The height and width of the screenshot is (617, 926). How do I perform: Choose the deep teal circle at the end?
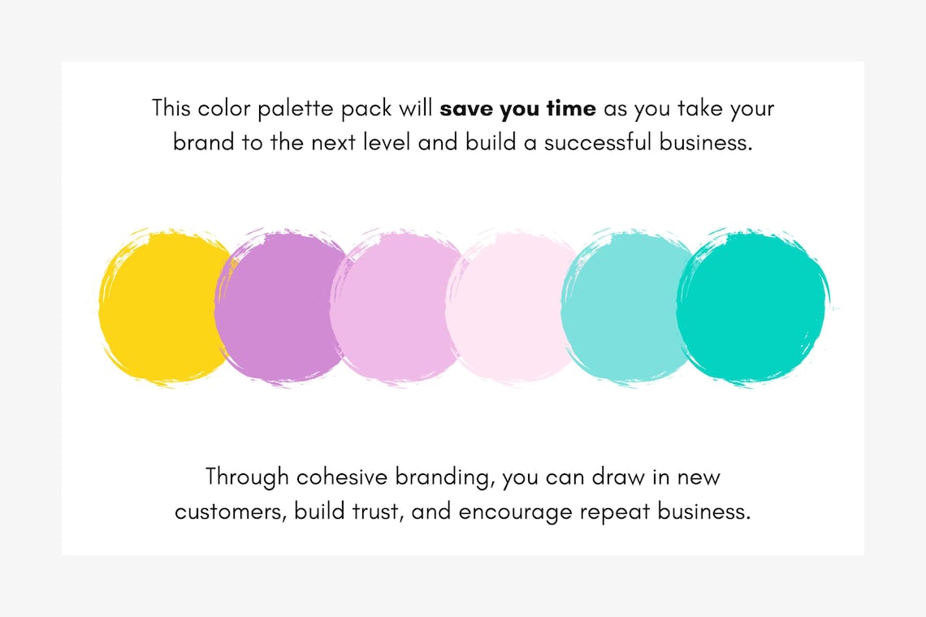coord(751,307)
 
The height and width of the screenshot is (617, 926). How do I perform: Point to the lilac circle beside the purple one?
coord(395,307)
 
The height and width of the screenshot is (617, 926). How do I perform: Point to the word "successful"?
coord(600,143)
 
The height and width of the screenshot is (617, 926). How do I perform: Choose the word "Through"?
coord(247,477)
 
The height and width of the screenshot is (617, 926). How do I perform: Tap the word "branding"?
coord(444,477)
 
